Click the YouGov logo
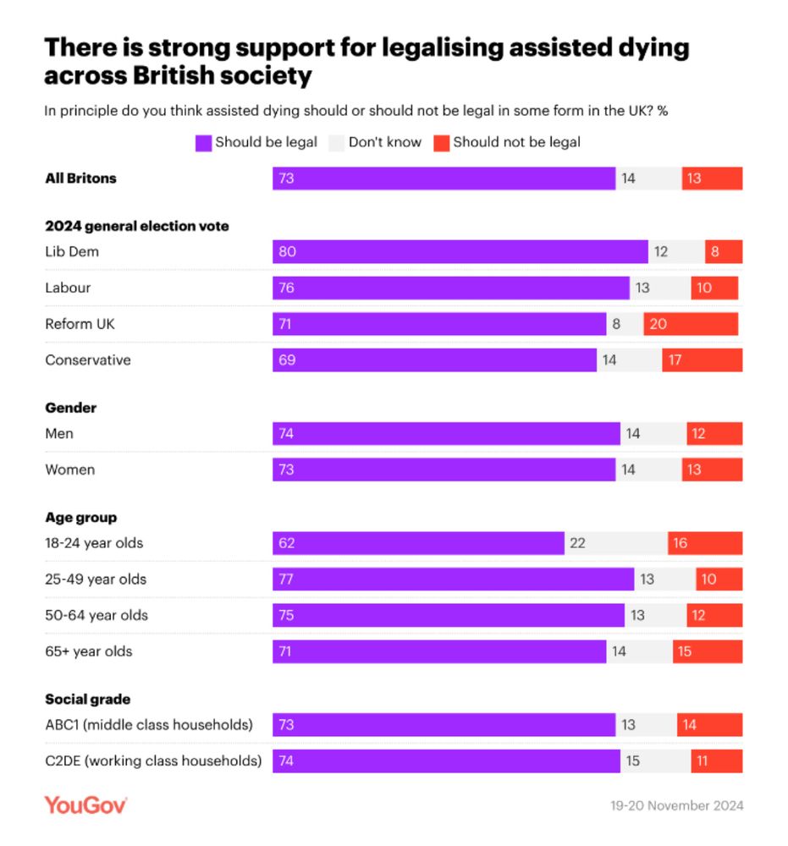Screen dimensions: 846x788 pos(85,805)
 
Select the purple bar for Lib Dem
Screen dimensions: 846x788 pos(460,251)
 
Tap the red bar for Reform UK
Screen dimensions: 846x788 pos(691,324)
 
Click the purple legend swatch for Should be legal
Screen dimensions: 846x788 pos(203,143)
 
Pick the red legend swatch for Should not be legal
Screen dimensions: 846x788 pos(441,143)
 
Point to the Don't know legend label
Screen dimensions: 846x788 pos(384,142)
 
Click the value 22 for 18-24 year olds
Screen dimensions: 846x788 pos(577,543)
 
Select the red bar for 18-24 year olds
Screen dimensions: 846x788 pos(704,543)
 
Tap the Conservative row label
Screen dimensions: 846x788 pos(88,360)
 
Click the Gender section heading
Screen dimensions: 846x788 pos(71,408)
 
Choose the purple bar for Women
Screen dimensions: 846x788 pos(444,470)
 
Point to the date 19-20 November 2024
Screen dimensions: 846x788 pos(676,805)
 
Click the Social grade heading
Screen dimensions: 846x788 pos(87,700)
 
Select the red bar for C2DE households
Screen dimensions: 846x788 pos(716,761)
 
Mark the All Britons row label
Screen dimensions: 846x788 pos(80,179)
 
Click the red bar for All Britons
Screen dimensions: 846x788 pos(712,179)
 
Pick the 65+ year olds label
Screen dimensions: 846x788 pos(88,651)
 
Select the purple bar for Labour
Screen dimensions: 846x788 pos(450,288)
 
